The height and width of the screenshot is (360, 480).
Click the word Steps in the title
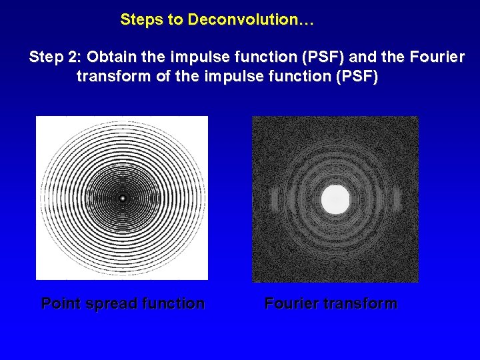142,20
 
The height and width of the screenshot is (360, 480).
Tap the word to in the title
177,20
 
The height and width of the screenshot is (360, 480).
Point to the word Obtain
111,57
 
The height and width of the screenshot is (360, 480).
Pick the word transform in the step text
113,77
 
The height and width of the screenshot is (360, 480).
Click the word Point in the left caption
61,304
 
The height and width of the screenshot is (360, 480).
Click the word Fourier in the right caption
291,304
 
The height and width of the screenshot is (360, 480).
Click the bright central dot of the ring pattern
122,198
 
